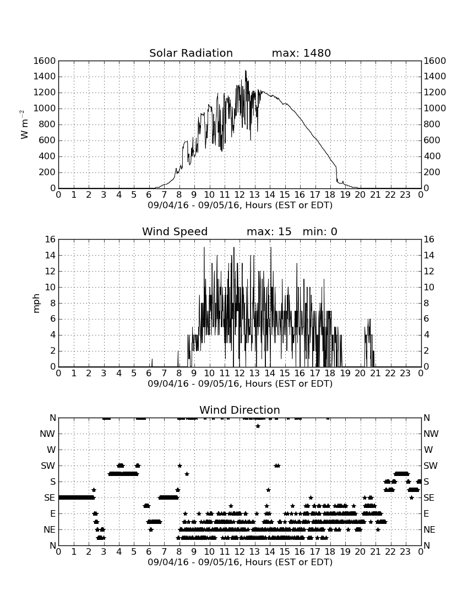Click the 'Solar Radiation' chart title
click(191, 53)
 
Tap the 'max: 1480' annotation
click(301, 53)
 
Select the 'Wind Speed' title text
click(175, 231)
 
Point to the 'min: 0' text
click(320, 231)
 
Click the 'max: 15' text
click(269, 231)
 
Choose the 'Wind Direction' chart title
click(240, 410)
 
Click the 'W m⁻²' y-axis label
click(23, 125)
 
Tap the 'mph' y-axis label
click(36, 304)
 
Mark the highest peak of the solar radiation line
click(246, 71)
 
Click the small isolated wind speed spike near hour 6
click(152, 362)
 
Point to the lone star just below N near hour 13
click(258, 426)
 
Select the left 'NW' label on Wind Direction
click(47, 434)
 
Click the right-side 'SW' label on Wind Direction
click(431, 466)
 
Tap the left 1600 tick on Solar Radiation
click(45, 61)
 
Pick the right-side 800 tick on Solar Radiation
click(432, 125)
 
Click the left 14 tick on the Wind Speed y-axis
click(51, 256)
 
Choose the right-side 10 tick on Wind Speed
click(429, 287)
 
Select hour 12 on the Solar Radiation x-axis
click(240, 195)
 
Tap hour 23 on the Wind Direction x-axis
click(405, 552)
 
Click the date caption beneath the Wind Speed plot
click(240, 384)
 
